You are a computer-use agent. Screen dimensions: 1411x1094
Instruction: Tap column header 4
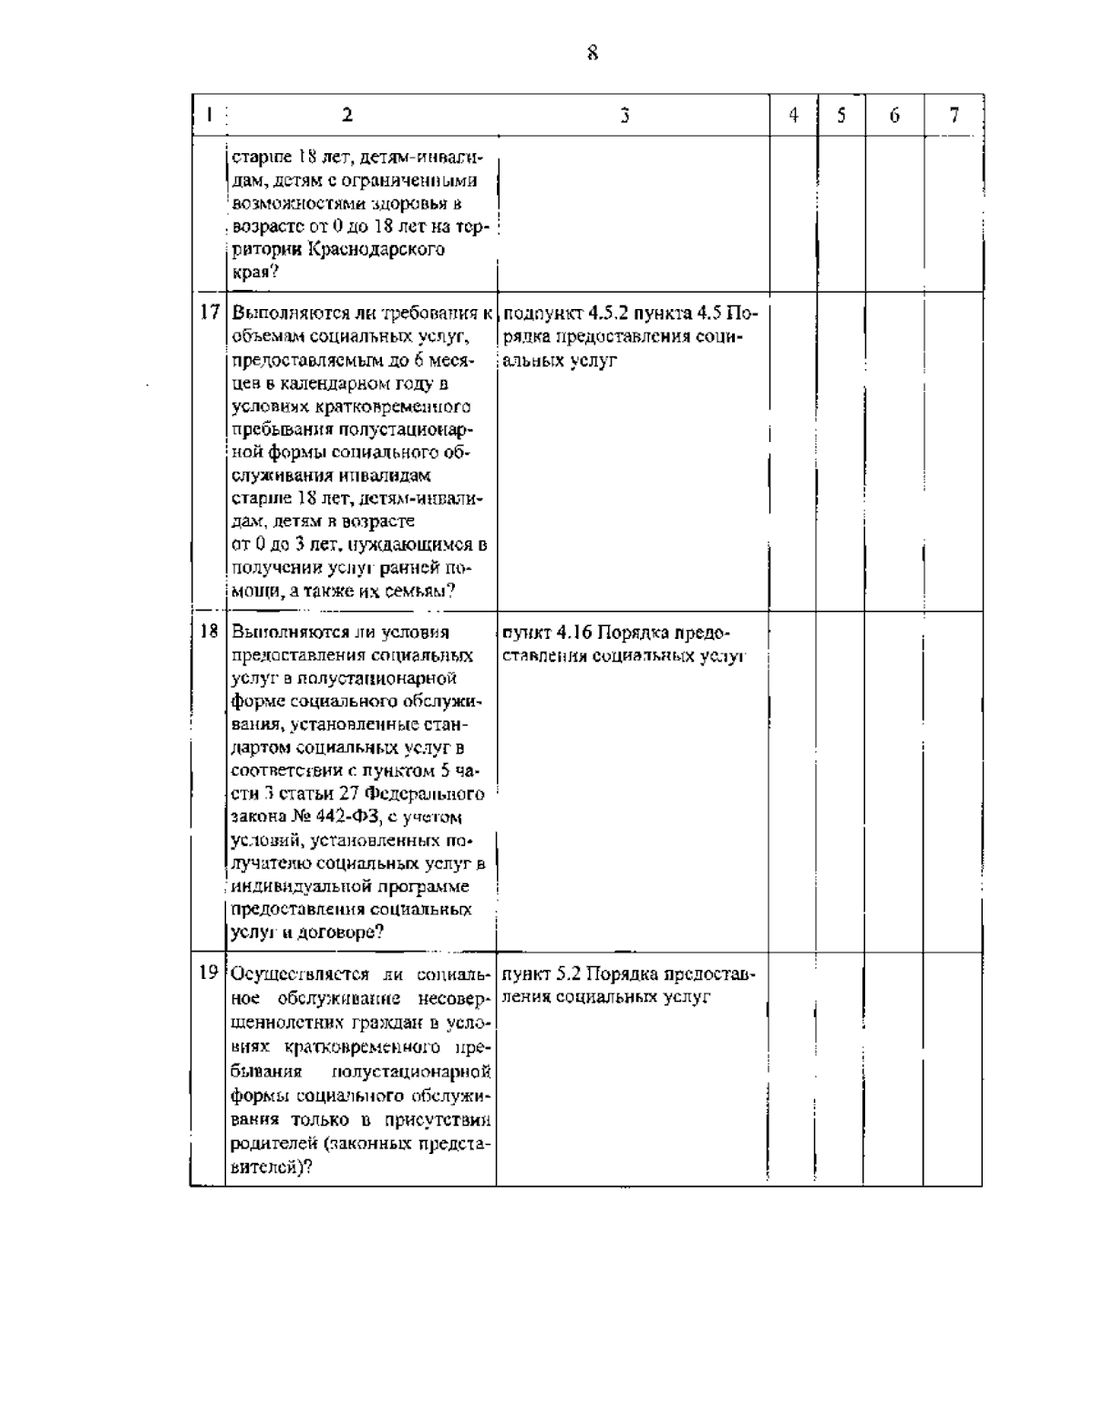pos(793,115)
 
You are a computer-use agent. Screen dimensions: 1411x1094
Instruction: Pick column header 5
pos(841,115)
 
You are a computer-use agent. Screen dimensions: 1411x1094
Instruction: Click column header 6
pos(894,115)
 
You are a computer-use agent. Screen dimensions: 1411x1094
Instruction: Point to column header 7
pos(954,115)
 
